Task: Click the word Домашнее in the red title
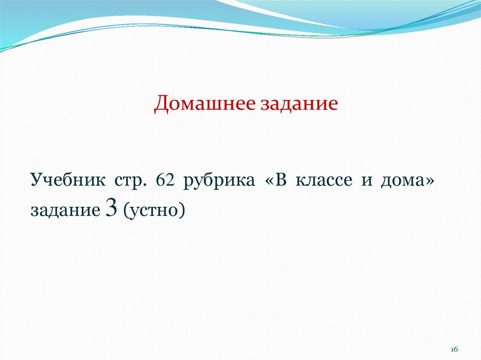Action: tap(205, 104)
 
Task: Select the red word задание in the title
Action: tap(299, 104)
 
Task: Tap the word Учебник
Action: tap(68, 180)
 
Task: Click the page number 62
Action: tap(165, 180)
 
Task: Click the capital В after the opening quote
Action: tap(281, 180)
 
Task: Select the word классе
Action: tap(324, 180)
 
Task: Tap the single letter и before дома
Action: tap(367, 181)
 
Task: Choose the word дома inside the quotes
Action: tap(403, 181)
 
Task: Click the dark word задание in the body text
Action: tap(65, 211)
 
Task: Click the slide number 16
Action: tap(454, 349)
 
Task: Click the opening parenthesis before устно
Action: tap(126, 211)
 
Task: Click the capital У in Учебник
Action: tap(36, 180)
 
